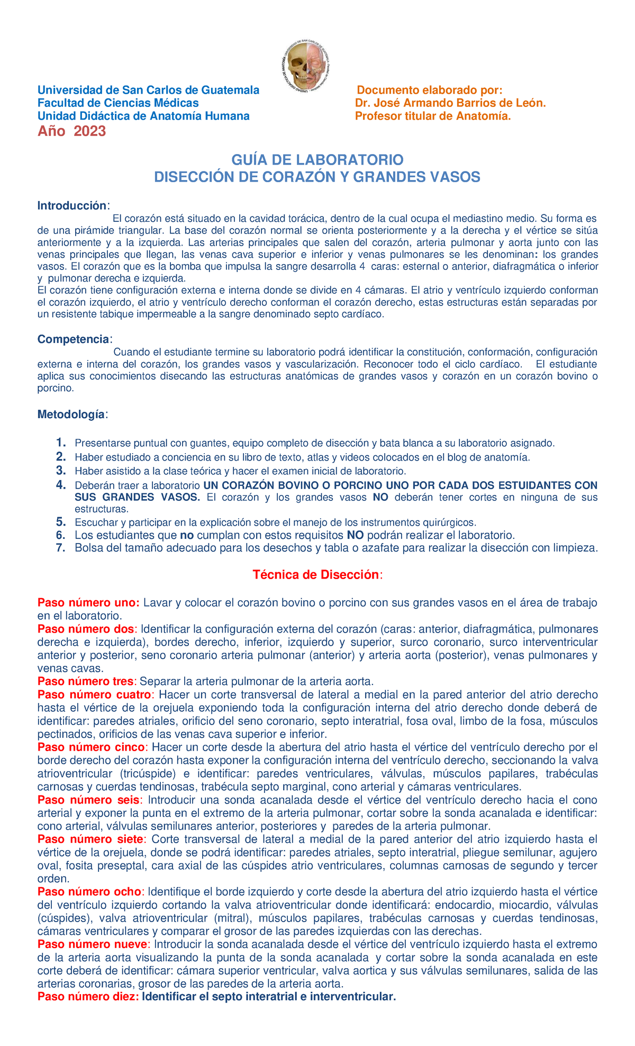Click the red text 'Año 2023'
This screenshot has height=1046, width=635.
click(71, 131)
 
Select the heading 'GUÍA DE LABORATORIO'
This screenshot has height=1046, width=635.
click(317, 159)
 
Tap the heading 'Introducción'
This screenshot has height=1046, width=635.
click(72, 205)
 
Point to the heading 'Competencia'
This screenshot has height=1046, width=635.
click(73, 339)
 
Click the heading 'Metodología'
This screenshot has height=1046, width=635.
click(71, 414)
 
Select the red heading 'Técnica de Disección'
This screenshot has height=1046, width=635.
click(316, 575)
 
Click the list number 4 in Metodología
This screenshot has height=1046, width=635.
click(61, 485)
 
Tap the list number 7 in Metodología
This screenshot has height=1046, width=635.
click(61, 547)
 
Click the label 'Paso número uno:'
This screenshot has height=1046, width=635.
click(88, 602)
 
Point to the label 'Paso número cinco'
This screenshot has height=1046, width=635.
click(90, 747)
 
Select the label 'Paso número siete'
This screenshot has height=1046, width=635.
click(90, 839)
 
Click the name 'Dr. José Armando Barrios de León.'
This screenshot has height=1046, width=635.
click(450, 103)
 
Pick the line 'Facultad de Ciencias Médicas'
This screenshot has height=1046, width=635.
click(117, 103)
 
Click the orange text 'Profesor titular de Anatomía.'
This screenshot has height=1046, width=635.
click(433, 116)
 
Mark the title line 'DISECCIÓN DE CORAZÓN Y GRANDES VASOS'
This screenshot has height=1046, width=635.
click(317, 177)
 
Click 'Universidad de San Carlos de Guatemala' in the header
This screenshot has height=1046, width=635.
click(148, 90)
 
